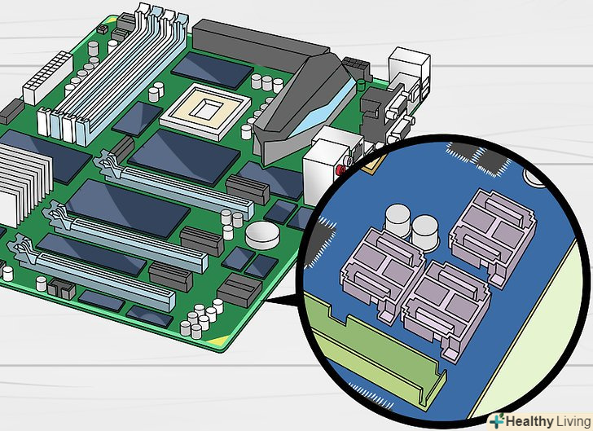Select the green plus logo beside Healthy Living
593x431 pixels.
497,421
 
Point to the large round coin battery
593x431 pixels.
262,235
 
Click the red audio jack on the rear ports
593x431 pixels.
340,169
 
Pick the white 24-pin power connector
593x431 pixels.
48,78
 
